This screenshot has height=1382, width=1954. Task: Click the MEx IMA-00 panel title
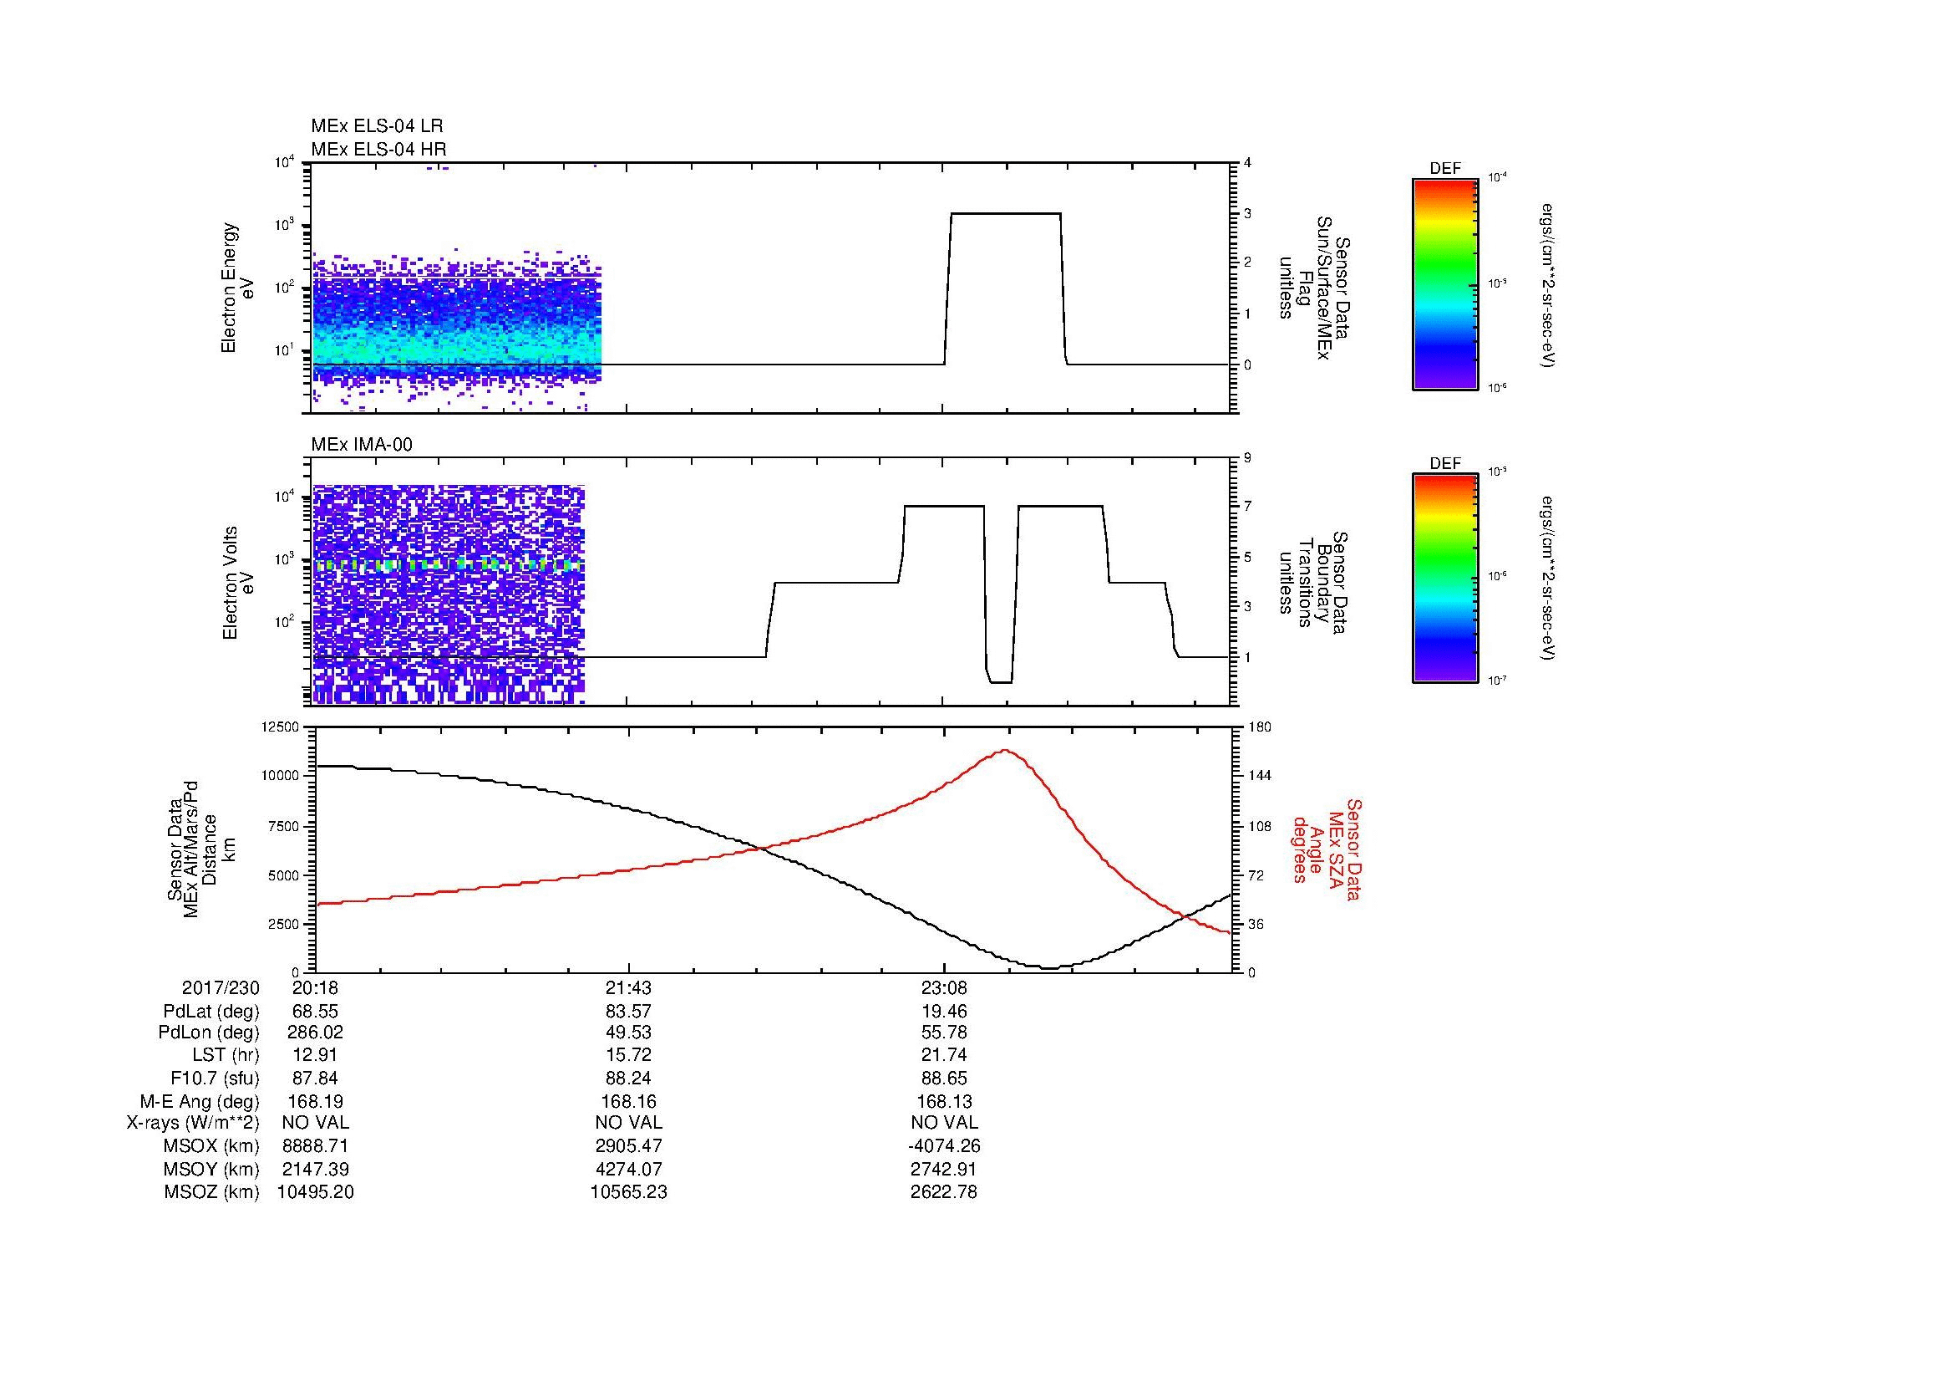pos(361,445)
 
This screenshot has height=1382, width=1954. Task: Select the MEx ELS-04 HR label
pos(378,149)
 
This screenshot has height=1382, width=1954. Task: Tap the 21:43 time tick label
pos(628,987)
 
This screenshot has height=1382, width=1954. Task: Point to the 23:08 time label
pos(944,987)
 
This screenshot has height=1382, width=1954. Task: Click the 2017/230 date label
pos(221,987)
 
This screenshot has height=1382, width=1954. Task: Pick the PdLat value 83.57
pos(628,1012)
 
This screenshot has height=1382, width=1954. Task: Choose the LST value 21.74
pos(944,1053)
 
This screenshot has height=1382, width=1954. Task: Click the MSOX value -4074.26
pos(944,1146)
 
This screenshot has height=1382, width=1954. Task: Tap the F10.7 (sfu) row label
pos(215,1078)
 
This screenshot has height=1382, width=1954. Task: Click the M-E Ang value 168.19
pos(315,1101)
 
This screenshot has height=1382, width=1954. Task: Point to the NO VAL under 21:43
pos(628,1123)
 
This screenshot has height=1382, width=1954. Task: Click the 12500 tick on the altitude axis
pos(280,727)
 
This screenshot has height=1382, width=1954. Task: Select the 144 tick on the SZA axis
pos(1259,776)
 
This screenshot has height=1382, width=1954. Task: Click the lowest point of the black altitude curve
pos(1050,967)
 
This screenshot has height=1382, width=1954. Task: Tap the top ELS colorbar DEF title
pos(1445,169)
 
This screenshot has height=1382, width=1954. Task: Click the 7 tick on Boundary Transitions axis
pos(1247,507)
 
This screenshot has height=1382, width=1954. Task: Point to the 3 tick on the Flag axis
pos(1247,213)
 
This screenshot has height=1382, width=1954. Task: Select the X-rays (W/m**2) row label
pos(192,1123)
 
